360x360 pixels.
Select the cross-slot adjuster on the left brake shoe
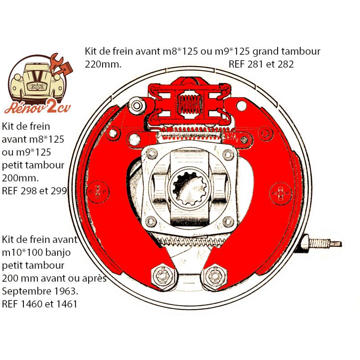click(x=98, y=192)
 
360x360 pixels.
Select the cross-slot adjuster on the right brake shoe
click(x=280, y=193)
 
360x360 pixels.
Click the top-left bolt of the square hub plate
click(x=152, y=153)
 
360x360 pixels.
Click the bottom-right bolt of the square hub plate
click(x=228, y=221)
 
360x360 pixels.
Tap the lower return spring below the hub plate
click(x=193, y=242)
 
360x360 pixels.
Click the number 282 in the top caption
click(x=286, y=64)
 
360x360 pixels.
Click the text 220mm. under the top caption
click(x=103, y=64)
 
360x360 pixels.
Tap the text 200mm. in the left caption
click(x=20, y=178)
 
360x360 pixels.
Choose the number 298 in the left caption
click(x=29, y=191)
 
